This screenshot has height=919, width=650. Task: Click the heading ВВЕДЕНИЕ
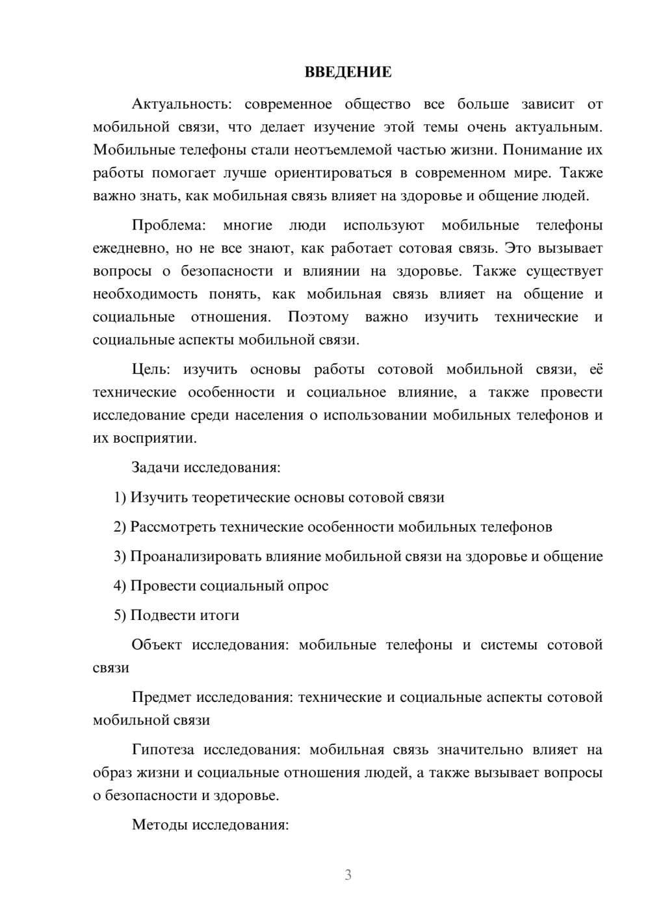pos(348,72)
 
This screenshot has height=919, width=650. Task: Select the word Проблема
pos(168,226)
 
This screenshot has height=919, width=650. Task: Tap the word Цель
pos(150,370)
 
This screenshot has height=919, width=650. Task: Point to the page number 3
pos(348,875)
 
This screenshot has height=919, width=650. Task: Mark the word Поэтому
pos(318,317)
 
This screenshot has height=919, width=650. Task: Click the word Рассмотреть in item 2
pos(173,527)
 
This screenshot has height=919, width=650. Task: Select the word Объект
pos(157,645)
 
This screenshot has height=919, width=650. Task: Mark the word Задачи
pos(155,468)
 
